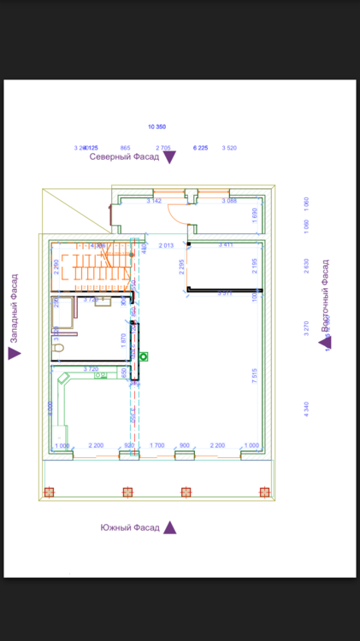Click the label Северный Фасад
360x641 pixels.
click(124, 157)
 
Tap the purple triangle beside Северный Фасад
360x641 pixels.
click(169, 157)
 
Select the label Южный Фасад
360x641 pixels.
click(129, 527)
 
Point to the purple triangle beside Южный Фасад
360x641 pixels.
click(170, 527)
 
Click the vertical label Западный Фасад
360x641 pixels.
click(14, 309)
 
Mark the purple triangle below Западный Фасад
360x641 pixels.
click(14, 353)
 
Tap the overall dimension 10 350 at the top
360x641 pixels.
click(156, 126)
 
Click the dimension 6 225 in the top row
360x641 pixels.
click(201, 148)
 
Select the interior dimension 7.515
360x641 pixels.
click(255, 376)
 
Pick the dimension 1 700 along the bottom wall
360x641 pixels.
click(157, 445)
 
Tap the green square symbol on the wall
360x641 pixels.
click(144, 356)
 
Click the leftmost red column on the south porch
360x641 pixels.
click(49, 492)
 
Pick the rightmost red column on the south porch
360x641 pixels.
click(263, 492)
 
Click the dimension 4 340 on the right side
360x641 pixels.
click(306, 408)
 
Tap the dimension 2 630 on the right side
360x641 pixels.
click(306, 266)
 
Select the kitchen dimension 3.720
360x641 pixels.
click(91, 368)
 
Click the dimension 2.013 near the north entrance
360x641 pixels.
click(166, 245)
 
